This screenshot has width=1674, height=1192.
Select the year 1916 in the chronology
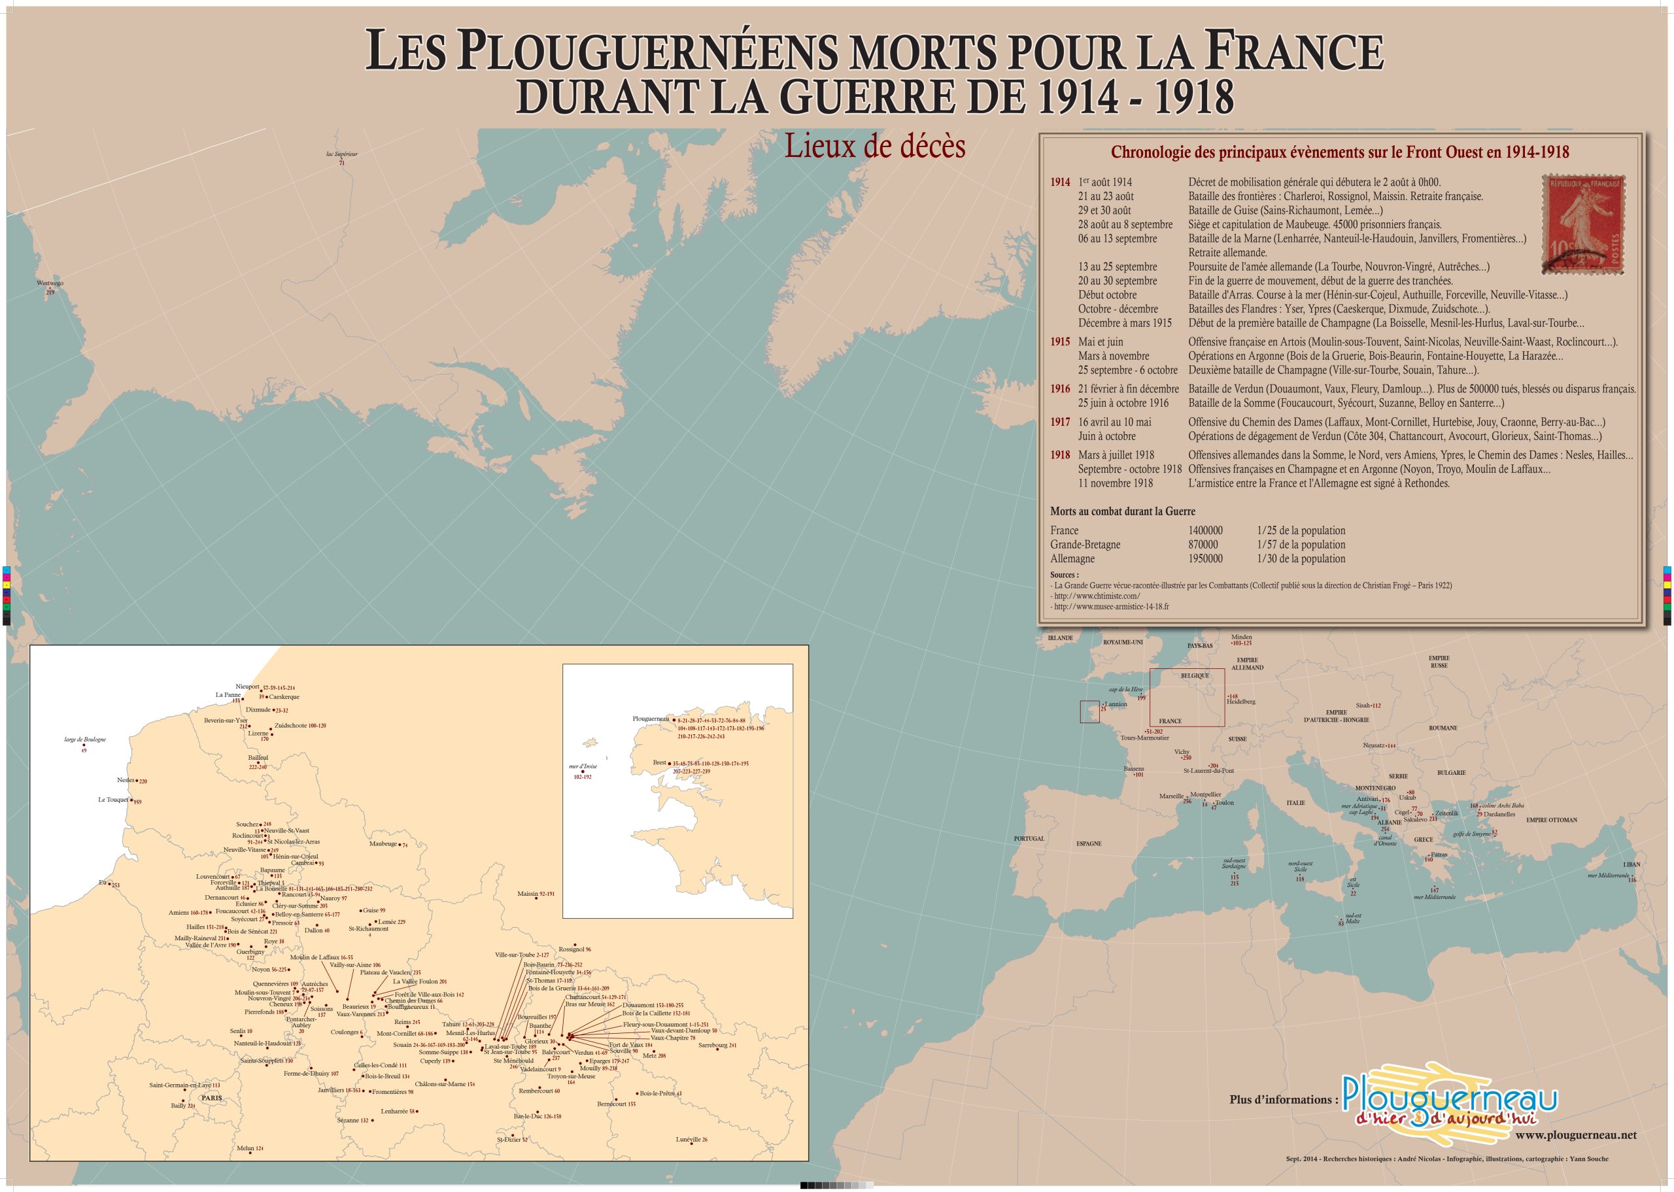pyautogui.click(x=1060, y=389)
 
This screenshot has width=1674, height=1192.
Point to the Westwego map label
pyautogui.click(x=50, y=282)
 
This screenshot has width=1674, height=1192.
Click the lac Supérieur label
pyautogui.click(x=341, y=154)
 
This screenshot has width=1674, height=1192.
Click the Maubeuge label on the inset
pyautogui.click(x=383, y=843)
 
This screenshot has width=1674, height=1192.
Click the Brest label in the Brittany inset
pyautogui.click(x=659, y=762)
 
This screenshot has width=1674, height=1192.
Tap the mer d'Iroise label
pyautogui.click(x=583, y=766)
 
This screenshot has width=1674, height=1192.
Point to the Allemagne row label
pyautogui.click(x=1072, y=558)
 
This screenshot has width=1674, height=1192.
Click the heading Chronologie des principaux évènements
pyautogui.click(x=1339, y=152)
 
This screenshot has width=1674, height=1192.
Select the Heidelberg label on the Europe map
pyautogui.click(x=1240, y=702)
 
